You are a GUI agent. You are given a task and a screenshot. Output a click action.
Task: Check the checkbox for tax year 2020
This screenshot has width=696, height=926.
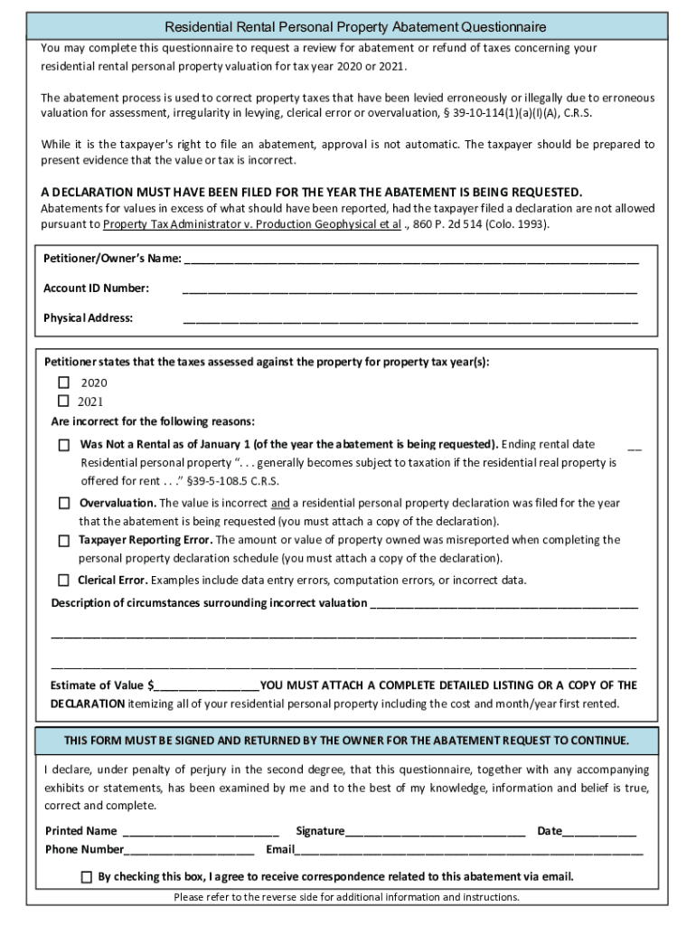64,383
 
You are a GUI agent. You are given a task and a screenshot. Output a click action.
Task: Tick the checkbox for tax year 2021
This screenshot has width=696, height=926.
64,401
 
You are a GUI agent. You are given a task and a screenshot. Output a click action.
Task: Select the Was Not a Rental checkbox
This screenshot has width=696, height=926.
64,445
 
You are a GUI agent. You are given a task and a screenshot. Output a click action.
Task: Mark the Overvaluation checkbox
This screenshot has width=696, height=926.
64,503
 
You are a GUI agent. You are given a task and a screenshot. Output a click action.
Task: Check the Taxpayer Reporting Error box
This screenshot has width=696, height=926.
64,541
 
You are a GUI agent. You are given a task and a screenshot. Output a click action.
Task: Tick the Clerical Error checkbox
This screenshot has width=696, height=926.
64,580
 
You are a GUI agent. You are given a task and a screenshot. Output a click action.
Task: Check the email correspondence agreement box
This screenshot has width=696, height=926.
86,876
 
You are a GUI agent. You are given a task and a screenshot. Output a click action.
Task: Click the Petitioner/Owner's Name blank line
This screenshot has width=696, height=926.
411,260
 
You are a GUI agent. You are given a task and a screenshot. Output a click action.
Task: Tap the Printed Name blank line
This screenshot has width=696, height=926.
200,832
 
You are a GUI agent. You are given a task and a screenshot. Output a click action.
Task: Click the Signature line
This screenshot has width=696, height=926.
435,832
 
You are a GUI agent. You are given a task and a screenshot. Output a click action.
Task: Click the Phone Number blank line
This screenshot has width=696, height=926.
189,851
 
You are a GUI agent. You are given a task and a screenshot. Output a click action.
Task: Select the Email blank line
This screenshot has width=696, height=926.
469,851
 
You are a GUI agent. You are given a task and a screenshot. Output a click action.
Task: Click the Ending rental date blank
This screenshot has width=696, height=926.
635,445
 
